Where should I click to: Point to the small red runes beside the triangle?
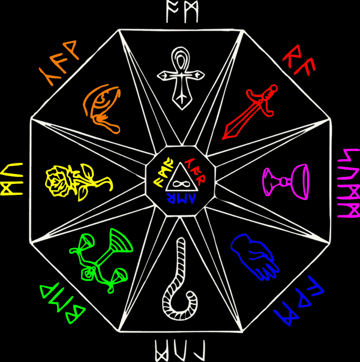[x=194, y=165]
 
